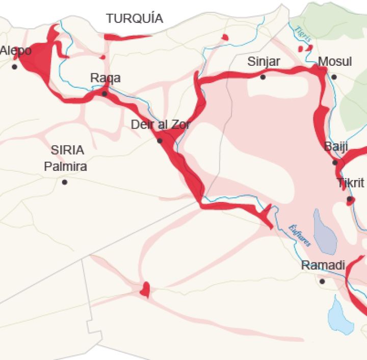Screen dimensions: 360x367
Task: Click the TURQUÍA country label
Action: (x=135, y=19)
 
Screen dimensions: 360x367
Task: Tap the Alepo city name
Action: (x=16, y=51)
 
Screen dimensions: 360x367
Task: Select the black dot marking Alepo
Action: (x=14, y=67)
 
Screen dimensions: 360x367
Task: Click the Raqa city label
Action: (x=106, y=78)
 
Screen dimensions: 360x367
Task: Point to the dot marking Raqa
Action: (x=104, y=94)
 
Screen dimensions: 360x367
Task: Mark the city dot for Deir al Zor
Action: (x=160, y=140)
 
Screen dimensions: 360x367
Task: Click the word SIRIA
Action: (x=67, y=150)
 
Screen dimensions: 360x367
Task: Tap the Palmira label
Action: (x=65, y=166)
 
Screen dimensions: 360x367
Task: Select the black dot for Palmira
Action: (x=64, y=182)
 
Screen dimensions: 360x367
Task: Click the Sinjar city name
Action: (x=264, y=62)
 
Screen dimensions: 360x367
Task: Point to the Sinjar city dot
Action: (x=263, y=77)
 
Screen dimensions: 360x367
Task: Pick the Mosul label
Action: (x=335, y=62)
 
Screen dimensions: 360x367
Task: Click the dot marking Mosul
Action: (x=334, y=77)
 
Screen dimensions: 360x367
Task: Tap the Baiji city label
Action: (x=336, y=147)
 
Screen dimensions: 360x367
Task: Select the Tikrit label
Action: (x=351, y=183)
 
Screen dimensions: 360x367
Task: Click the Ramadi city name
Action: (x=323, y=266)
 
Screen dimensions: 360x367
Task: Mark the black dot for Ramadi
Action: (x=322, y=281)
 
